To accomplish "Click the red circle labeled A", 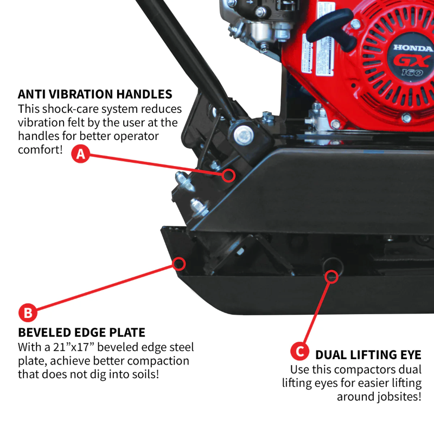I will point(81,154).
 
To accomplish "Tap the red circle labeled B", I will point(28,312).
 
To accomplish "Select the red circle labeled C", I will point(299,351).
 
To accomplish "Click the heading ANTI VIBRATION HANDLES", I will point(95,94).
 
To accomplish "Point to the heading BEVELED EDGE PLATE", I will point(81,332).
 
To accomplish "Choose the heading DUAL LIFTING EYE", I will point(368,355).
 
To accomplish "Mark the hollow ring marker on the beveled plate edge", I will point(179,264).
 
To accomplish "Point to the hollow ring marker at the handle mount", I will point(229,175).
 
